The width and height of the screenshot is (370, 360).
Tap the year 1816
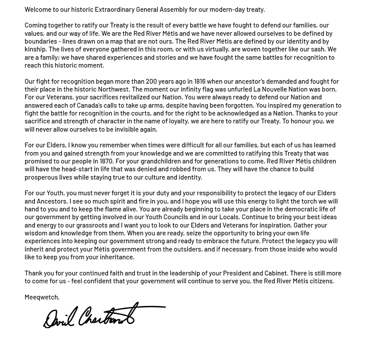(x=200, y=81)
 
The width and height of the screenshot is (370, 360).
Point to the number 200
(x=151, y=81)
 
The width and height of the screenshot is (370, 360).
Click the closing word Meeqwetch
(x=41, y=297)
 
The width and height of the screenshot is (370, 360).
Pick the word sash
(x=319, y=49)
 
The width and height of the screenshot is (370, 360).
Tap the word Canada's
(x=89, y=105)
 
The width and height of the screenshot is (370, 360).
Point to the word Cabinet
(x=275, y=273)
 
